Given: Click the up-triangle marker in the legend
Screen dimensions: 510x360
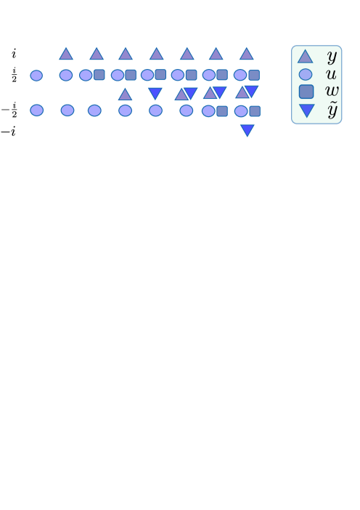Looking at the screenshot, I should click(306, 57).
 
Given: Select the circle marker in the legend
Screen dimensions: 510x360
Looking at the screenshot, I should click(306, 74).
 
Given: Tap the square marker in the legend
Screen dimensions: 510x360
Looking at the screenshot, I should click(306, 92).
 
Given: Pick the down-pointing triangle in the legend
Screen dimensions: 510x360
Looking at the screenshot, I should click(307, 110).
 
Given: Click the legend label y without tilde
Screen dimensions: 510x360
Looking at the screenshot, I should click(332, 56).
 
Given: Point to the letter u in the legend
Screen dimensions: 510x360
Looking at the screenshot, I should click(331, 74).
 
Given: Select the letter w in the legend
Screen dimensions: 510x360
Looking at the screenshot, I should click(332, 92).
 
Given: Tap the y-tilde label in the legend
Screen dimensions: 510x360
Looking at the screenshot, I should click(332, 110).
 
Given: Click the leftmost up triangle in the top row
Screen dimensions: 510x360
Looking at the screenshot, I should click(66, 54).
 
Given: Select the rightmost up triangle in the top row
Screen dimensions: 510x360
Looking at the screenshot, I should click(247, 54).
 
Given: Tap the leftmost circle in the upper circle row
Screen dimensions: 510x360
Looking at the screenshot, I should click(36, 76).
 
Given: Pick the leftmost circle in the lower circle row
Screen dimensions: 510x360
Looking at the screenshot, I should click(36, 110).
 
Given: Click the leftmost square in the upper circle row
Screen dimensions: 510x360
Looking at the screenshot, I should click(99, 75).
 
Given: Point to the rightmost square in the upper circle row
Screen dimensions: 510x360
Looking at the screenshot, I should click(254, 75).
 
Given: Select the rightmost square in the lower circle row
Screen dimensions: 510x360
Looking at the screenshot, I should click(255, 111).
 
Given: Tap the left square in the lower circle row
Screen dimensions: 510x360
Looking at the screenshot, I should click(222, 111).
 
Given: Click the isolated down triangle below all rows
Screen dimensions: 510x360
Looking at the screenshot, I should click(247, 131).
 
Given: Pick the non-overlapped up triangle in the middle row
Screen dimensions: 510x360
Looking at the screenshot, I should click(125, 94).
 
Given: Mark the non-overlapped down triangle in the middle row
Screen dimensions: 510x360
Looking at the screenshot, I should click(155, 93).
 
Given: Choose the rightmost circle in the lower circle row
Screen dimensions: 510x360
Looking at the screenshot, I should click(241, 111).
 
